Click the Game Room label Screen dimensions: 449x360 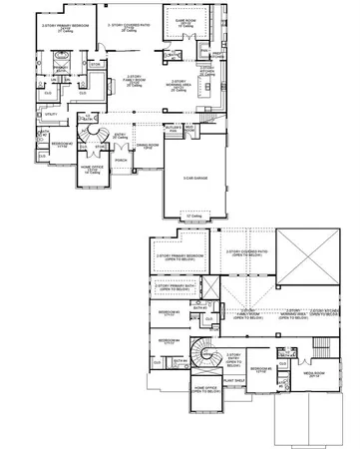pos(184,22)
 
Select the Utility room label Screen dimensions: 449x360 pos(51,115)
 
